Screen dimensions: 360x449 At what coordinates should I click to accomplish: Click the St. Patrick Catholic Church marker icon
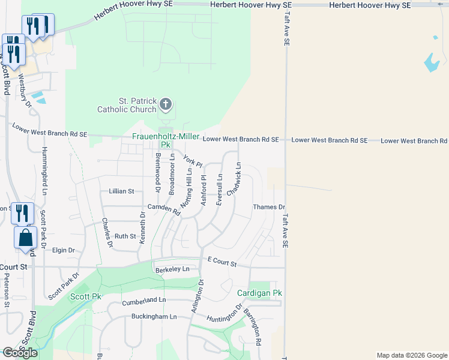165,106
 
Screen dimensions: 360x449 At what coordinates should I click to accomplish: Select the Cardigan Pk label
259,293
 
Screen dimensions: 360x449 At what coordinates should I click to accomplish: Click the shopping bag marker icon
26,238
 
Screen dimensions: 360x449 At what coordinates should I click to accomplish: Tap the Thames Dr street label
269,207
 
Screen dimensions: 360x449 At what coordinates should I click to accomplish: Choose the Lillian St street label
121,191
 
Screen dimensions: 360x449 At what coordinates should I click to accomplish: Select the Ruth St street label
125,236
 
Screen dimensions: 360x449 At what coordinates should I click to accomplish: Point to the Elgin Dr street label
63,250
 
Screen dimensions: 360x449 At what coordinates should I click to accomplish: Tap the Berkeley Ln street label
176,269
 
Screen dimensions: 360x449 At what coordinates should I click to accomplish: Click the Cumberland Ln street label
145,300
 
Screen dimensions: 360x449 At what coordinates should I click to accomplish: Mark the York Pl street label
193,161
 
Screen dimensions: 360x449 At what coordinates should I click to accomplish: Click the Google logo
20,353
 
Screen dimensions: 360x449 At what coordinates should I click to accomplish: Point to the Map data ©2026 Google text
411,355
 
